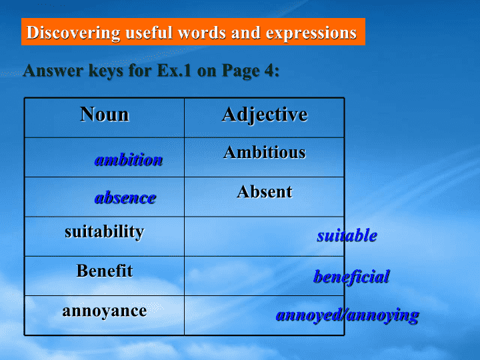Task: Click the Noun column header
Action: tap(105, 114)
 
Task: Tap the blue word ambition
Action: tap(129, 160)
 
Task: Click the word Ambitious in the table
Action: tap(265, 152)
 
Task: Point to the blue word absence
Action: tap(125, 198)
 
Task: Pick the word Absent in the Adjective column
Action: tap(265, 192)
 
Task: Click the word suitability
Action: tap(105, 232)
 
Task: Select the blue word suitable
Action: tap(347, 235)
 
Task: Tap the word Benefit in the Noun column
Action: tap(105, 271)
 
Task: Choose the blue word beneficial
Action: tap(352, 277)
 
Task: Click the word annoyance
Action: tap(105, 311)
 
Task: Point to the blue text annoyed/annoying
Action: tap(347, 315)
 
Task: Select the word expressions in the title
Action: tap(311, 33)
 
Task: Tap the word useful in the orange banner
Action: tap(149, 32)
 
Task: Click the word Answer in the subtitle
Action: tap(53, 71)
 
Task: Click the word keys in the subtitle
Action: tap(106, 71)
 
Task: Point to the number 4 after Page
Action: tap(269, 71)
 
